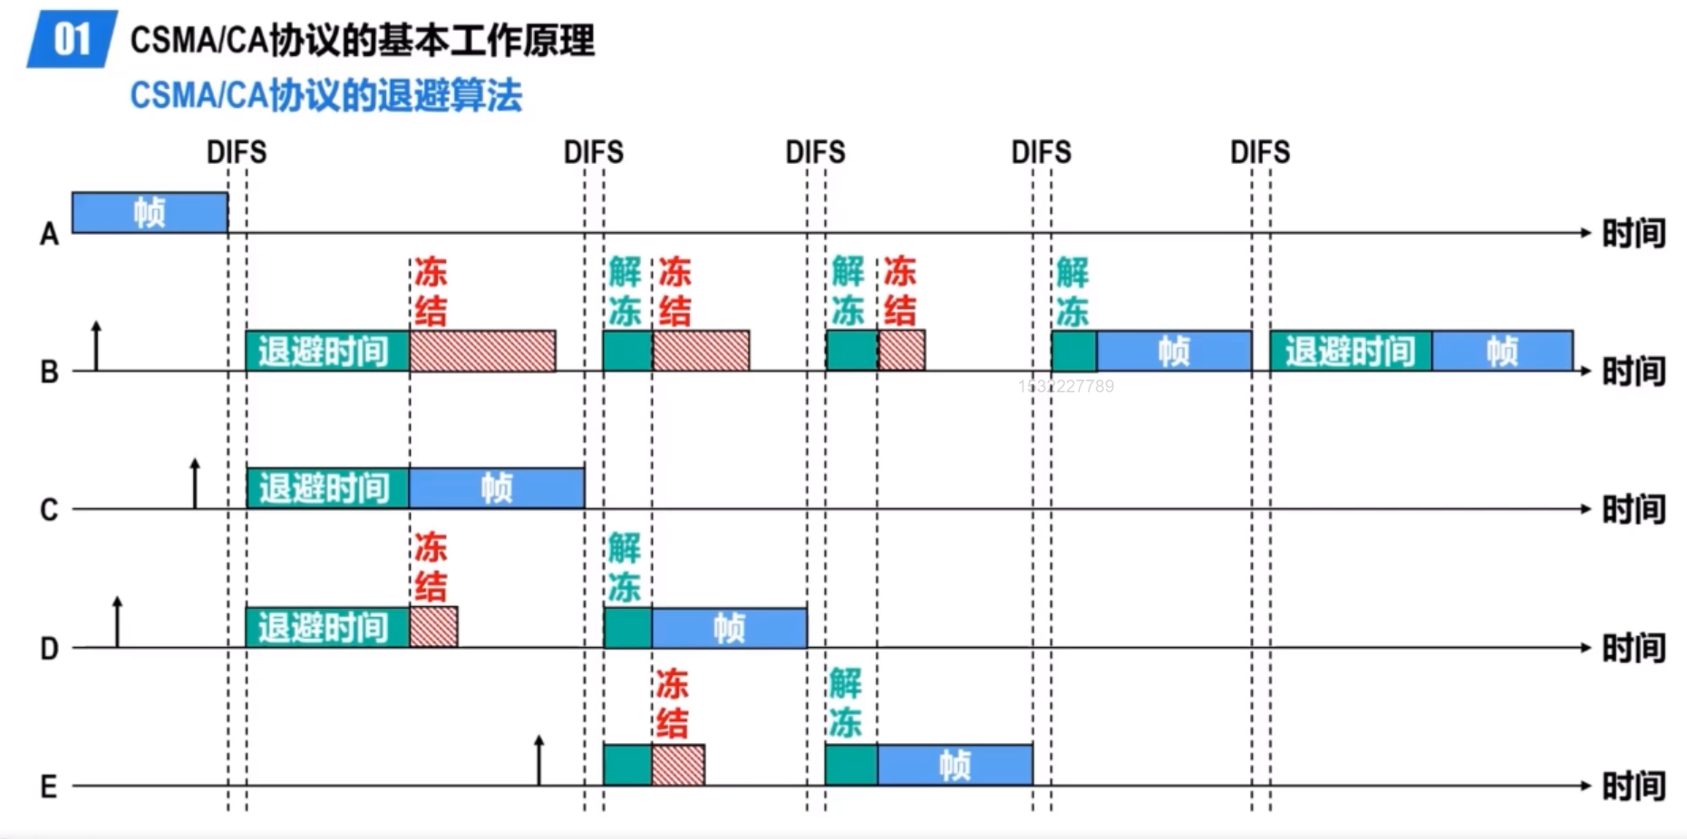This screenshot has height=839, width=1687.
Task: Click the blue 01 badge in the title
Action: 72,39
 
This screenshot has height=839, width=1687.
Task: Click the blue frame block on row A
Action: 150,213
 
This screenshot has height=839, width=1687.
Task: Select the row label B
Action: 49,372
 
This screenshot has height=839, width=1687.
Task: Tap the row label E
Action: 49,786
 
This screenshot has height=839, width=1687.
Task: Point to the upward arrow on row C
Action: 195,483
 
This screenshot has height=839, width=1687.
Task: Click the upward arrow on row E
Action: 539,759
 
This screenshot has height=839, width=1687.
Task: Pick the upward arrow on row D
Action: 117,621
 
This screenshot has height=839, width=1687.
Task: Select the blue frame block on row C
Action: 497,488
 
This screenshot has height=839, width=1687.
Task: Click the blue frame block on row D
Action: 729,627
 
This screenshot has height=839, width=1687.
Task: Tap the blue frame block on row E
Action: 955,766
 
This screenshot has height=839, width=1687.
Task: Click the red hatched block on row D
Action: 433,627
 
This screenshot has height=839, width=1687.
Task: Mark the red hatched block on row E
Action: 678,766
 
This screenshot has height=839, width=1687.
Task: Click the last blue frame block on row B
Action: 1502,351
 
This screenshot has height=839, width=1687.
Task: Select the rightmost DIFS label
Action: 1260,152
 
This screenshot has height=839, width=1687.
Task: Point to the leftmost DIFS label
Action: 237,152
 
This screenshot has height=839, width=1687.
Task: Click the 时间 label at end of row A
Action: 1634,234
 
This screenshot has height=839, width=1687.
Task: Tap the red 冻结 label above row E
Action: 673,704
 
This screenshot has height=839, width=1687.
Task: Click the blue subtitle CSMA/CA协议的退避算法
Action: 326,95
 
